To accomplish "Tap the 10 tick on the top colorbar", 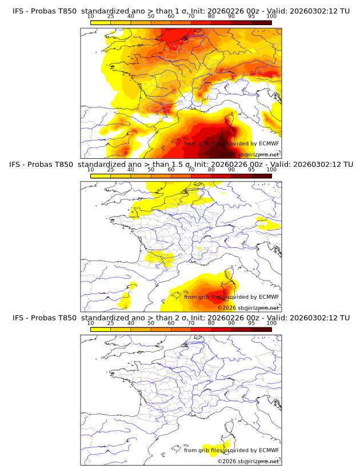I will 91,17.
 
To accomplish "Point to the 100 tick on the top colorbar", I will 271,17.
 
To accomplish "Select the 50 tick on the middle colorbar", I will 151,170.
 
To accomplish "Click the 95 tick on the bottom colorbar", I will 251,323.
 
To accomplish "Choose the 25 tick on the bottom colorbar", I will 111,323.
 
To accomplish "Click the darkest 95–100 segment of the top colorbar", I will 261,22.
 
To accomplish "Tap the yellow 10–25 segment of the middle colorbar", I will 101,175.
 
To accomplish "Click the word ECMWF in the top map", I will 269,143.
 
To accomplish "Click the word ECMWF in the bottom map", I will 269,450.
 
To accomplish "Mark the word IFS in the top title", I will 19,11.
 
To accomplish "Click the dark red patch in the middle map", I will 214,293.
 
